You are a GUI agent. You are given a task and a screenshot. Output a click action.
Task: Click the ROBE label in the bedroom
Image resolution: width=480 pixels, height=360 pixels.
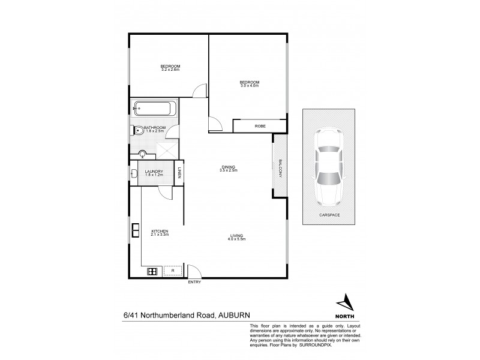point(260,125)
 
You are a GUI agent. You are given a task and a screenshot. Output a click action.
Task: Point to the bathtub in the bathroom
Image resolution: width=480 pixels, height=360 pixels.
point(155,109)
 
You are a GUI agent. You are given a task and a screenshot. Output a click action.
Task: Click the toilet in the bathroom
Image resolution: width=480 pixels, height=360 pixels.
point(137,130)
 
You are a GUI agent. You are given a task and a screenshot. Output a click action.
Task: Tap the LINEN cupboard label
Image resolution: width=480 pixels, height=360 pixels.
point(179,173)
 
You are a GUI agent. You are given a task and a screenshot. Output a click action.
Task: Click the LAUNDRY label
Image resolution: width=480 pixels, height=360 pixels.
point(154,172)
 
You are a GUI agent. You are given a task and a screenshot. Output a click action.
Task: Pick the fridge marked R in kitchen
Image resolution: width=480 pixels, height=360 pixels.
point(172,271)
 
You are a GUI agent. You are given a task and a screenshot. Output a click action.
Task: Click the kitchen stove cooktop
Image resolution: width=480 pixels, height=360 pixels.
point(152,271)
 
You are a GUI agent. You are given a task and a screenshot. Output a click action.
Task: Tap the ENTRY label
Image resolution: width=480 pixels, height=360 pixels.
point(194,282)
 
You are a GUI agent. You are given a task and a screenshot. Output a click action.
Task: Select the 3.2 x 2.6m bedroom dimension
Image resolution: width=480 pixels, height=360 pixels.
point(170,70)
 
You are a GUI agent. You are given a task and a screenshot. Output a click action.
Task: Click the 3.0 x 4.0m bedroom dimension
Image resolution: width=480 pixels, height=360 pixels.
point(249,85)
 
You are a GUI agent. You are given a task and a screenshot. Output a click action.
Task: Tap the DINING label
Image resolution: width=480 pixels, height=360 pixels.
point(228,167)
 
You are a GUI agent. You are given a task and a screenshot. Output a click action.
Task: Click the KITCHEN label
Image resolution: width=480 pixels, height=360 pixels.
point(160,231)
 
